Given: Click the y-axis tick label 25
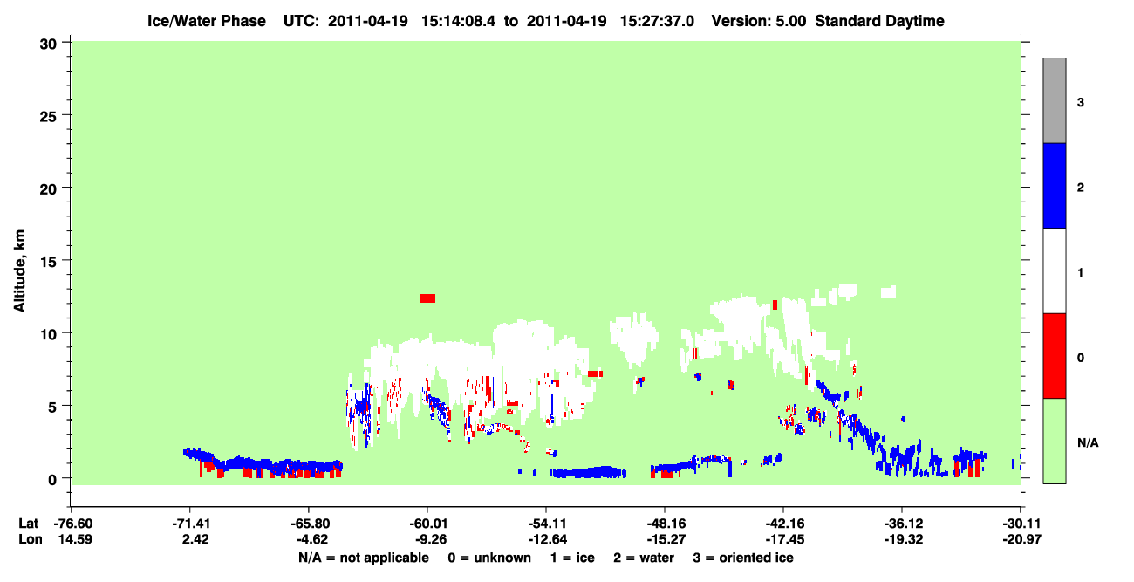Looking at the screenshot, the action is (x=48, y=117).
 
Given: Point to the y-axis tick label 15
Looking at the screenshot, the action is (x=48, y=262).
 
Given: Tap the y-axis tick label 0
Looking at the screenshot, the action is (x=52, y=480).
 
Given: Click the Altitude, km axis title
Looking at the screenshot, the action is (x=19, y=270).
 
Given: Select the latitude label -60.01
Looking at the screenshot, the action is (x=428, y=524).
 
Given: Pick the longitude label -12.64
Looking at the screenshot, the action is (x=547, y=539).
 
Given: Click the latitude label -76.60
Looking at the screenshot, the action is (x=73, y=524).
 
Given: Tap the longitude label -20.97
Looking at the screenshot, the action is (x=1021, y=539).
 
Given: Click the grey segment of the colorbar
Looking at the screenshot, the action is (x=1054, y=100).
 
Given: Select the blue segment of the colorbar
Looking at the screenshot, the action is (x=1054, y=185).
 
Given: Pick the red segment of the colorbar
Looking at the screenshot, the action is (x=1054, y=356).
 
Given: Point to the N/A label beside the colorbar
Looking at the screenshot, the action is (x=1088, y=442).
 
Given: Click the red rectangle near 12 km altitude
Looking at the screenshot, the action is (x=427, y=298).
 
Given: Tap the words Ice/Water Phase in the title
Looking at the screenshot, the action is (x=207, y=21).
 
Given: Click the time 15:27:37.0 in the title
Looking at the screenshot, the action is (x=657, y=21).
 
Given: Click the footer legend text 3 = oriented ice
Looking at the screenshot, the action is (x=743, y=558).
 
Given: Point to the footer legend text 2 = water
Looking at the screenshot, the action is (x=644, y=558).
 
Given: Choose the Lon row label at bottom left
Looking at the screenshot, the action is (x=31, y=539).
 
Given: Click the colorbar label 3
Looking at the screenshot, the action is (x=1080, y=102).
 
